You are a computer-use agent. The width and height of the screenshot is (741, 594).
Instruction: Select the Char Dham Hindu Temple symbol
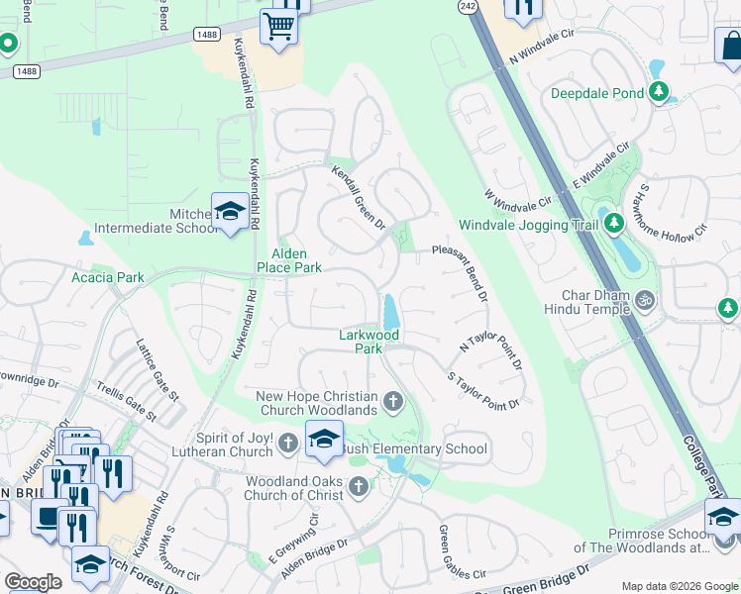[x=645, y=297]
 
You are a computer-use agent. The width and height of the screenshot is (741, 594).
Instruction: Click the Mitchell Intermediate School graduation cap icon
[x=230, y=212]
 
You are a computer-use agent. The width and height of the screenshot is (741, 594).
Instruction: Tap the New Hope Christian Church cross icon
[x=393, y=402]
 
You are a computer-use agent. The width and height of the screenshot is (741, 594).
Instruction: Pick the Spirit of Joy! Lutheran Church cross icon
[x=287, y=443]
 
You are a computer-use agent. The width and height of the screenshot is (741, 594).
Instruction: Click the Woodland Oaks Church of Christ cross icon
[x=358, y=486]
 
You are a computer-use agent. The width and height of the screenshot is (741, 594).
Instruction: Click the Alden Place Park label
[x=289, y=260]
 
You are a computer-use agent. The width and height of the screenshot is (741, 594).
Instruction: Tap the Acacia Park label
[x=107, y=277]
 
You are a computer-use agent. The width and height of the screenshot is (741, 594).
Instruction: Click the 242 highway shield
[x=469, y=6]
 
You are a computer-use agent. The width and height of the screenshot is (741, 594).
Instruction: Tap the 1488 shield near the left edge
[x=27, y=71]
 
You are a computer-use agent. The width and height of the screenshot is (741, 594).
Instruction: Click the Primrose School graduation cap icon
[x=723, y=517]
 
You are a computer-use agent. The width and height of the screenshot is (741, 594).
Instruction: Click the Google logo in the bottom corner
[x=33, y=582]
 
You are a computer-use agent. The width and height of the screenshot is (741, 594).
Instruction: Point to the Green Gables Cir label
[x=462, y=552]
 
